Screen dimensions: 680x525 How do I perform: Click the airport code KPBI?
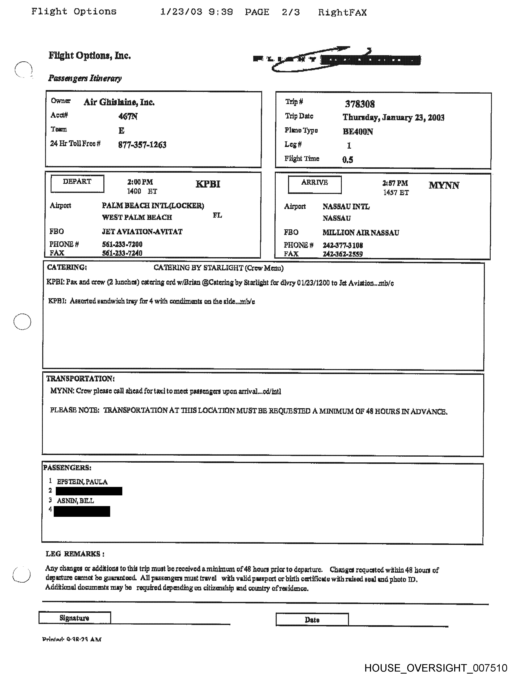(208, 184)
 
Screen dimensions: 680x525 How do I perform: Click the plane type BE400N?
(358, 131)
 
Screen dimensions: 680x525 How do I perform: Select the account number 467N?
(128, 116)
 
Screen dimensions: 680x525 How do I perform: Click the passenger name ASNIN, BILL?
(75, 501)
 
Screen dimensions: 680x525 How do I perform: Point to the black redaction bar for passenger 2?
(89, 491)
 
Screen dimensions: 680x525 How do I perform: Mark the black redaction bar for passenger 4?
(82, 511)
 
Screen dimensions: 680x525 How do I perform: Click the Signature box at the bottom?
(75, 618)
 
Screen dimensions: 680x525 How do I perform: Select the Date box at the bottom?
(312, 620)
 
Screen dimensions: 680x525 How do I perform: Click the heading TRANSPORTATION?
(80, 379)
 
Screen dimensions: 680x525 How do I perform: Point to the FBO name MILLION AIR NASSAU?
(360, 233)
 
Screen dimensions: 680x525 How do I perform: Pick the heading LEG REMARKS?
(75, 554)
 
